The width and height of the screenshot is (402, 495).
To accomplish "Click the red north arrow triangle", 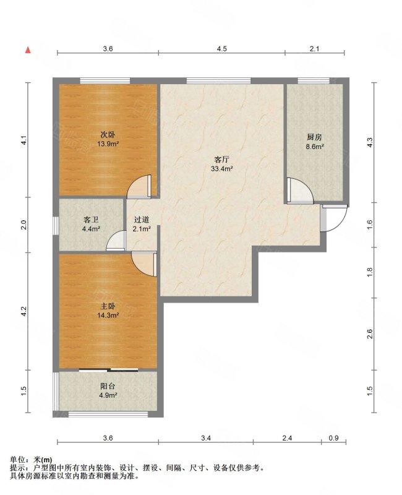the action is click(28, 50).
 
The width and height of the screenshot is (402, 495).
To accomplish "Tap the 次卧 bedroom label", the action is click(108, 135).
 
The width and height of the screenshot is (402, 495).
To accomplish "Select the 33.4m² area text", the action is click(222, 168).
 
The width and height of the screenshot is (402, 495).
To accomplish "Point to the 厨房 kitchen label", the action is click(314, 137).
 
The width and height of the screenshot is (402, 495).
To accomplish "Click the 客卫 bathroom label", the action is click(91, 220).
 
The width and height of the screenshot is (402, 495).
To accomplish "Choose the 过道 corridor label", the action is click(142, 220).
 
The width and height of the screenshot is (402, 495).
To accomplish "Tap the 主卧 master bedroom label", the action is click(108, 306).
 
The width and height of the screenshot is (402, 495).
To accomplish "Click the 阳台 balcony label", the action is click(108, 386).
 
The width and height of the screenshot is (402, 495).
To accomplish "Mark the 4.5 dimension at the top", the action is click(222, 49).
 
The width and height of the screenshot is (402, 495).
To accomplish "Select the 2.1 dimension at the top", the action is click(315, 49).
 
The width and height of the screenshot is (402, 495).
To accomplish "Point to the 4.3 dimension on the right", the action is click(370, 142).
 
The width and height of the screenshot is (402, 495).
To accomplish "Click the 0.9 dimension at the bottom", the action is click(333, 438).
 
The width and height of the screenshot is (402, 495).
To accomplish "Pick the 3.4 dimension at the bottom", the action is click(206, 438).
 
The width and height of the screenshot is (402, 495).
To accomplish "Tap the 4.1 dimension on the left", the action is click(24, 140).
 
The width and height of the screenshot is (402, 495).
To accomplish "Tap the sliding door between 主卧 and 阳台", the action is click(108, 369).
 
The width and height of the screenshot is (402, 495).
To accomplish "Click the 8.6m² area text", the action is click(315, 147).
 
